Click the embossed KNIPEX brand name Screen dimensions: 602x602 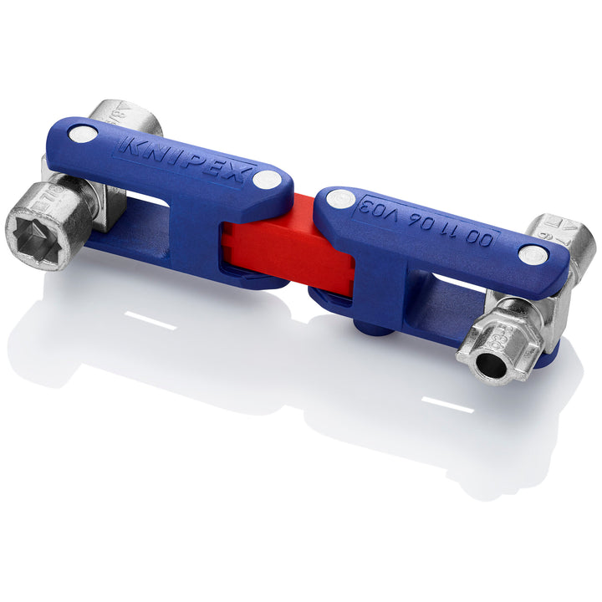point(186,158)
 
